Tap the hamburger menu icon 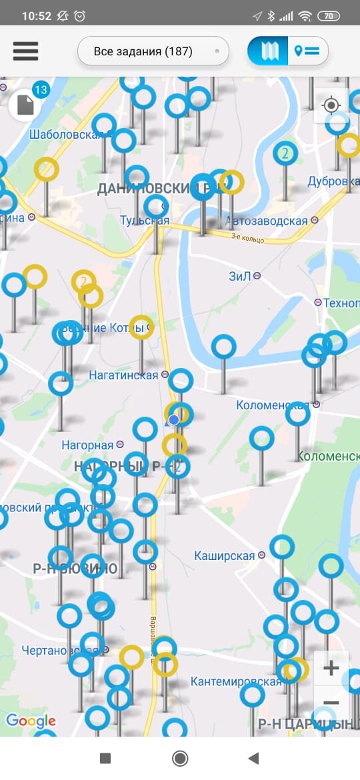(25, 51)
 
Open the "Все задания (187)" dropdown (153, 51)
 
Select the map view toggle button (269, 51)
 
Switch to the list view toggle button (307, 51)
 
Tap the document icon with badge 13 (26, 105)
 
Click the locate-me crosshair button (331, 105)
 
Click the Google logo (31, 721)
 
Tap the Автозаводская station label (267, 221)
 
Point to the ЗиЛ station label (241, 275)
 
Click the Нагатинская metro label (124, 375)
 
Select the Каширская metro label (225, 555)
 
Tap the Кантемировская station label (236, 681)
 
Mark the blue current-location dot (174, 419)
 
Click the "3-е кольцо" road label (248, 239)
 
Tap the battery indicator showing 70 (328, 16)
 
